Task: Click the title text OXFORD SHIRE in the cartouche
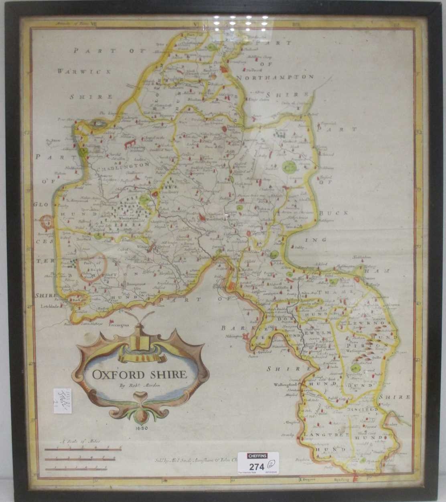coord(140,375)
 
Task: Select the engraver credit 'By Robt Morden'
coord(139,386)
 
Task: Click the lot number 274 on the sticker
coord(257,467)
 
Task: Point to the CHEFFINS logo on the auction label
coord(257,456)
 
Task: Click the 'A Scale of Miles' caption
coord(75,441)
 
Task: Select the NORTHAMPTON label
coord(275,77)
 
